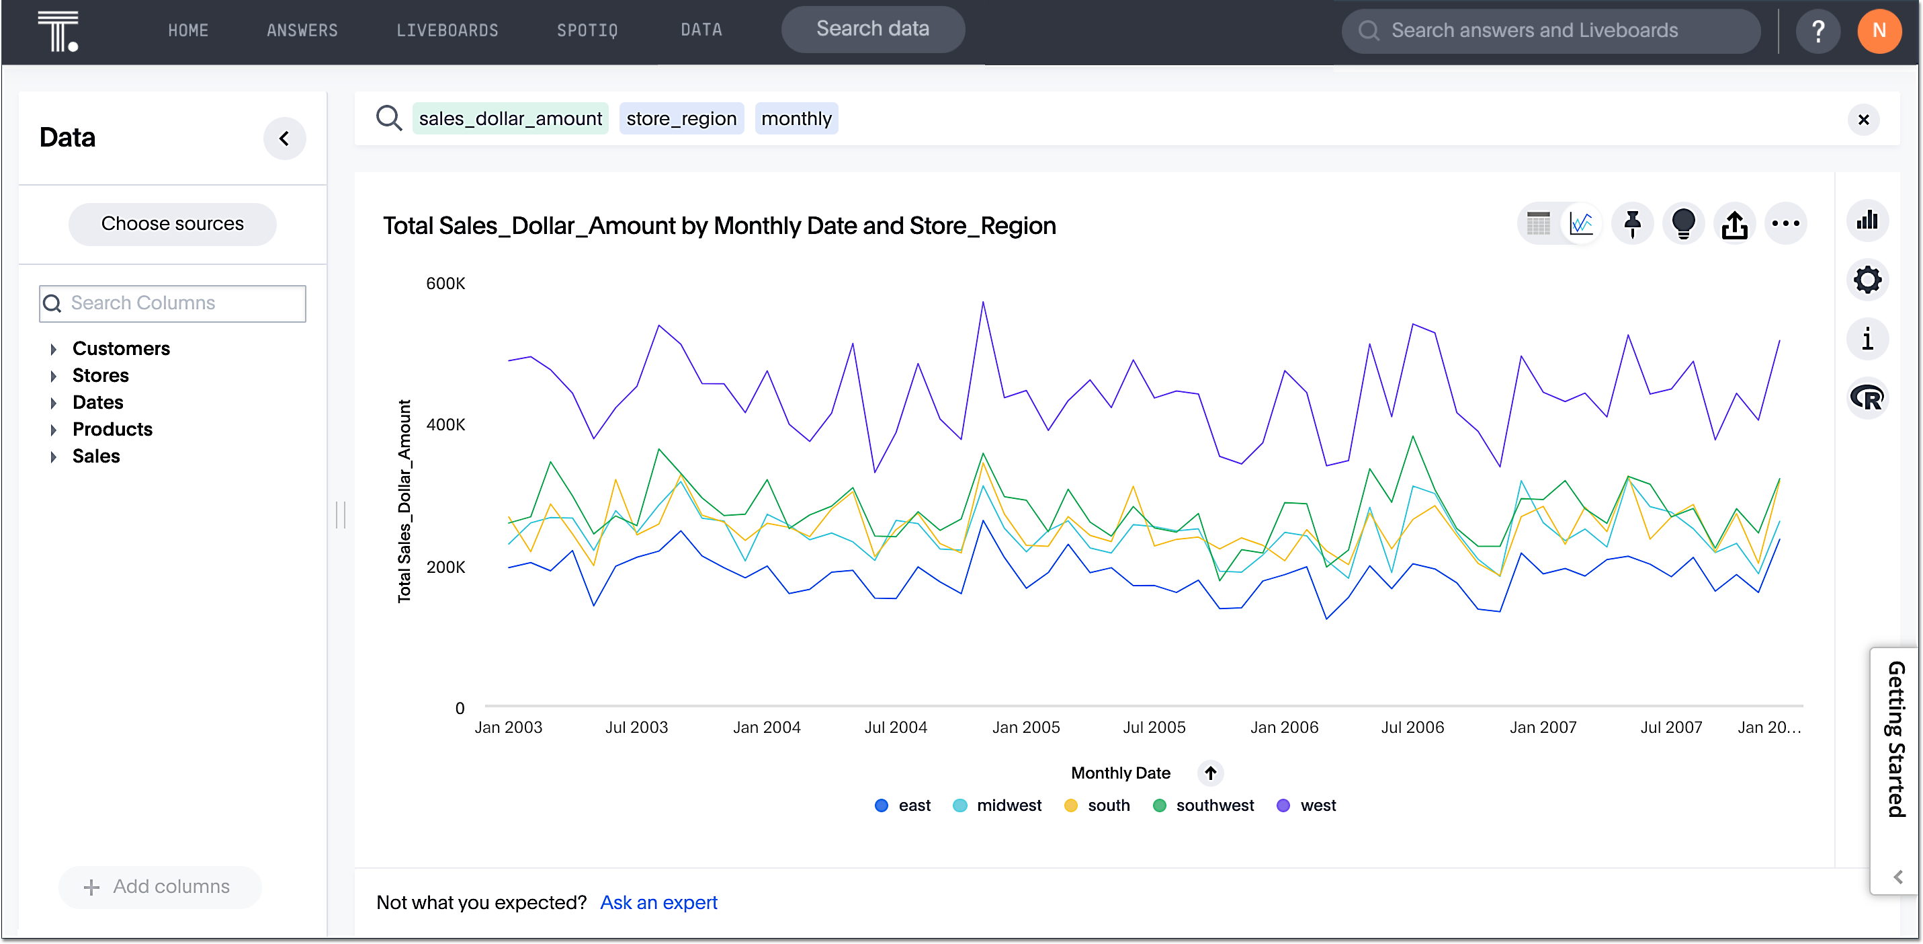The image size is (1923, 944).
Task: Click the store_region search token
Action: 681,119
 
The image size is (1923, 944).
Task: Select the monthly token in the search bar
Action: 796,119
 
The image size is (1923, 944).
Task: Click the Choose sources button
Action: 173,223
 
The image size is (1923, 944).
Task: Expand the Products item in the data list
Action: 112,430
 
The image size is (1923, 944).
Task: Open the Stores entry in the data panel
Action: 100,376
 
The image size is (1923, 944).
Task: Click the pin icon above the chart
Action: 1632,223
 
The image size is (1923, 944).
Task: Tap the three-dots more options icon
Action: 1785,223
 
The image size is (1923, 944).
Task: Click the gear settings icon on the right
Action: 1867,280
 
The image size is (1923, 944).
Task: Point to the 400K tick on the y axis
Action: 445,425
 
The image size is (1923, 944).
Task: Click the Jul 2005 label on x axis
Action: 1154,727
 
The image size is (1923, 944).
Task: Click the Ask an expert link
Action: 658,902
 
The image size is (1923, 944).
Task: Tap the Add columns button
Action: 159,886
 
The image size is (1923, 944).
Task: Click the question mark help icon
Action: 1818,31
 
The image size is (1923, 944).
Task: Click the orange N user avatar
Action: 1878,31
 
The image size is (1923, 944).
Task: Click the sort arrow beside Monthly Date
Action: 1210,773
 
